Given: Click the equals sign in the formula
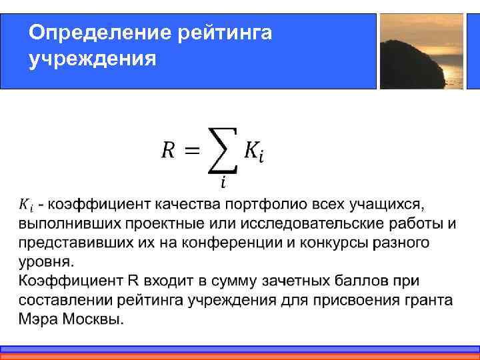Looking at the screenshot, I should pos(191,151).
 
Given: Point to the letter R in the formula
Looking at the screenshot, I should pos(169,150).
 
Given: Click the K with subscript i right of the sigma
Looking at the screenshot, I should pos(253,151).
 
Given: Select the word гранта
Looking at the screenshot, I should pos(427,299).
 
